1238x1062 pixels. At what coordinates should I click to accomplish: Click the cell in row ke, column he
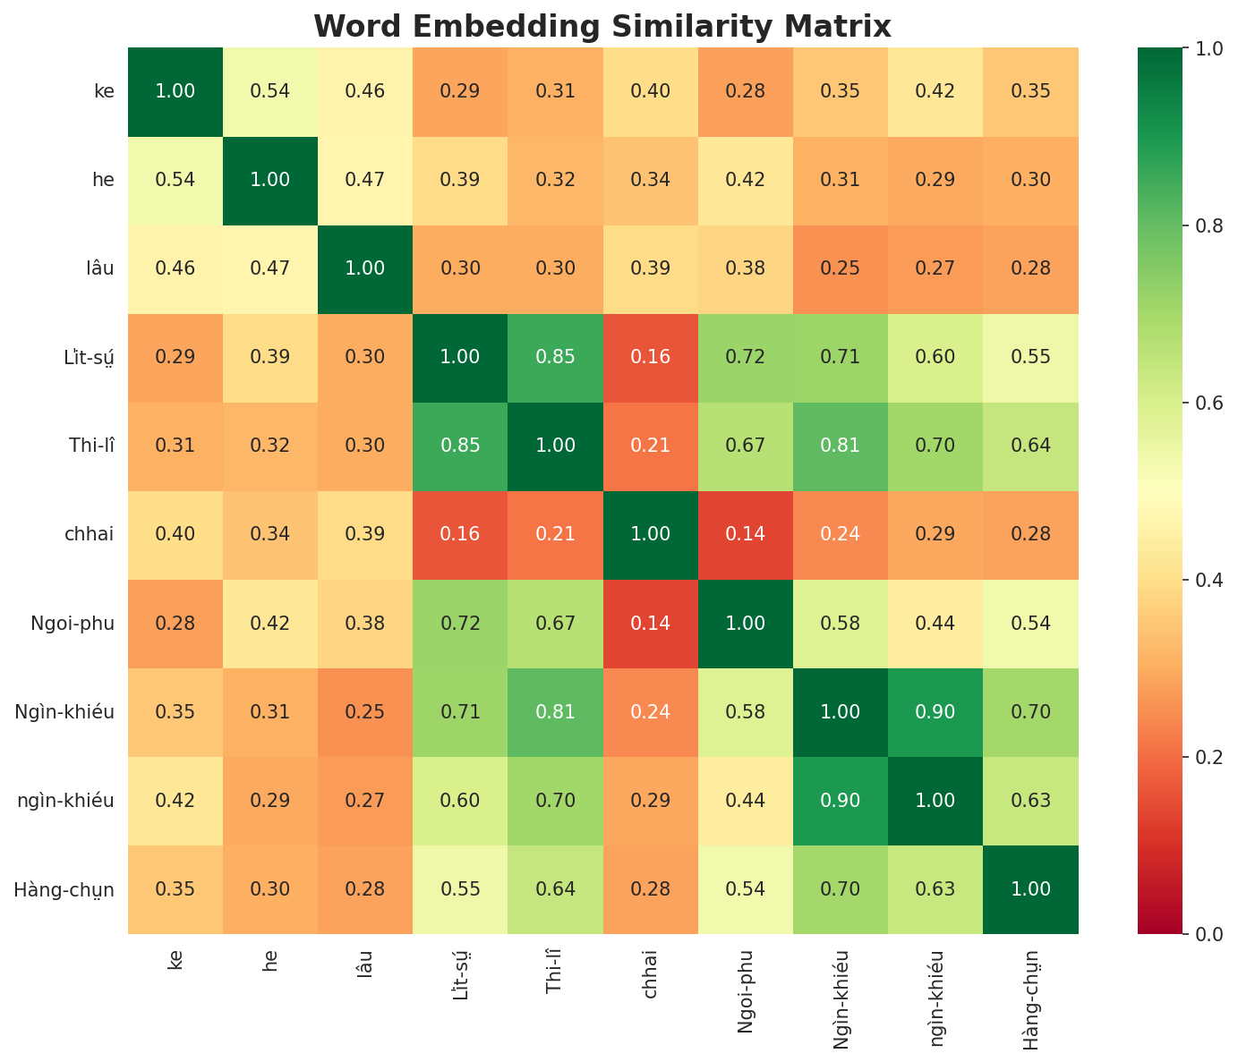[270, 91]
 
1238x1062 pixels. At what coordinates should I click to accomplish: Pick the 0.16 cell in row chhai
[460, 534]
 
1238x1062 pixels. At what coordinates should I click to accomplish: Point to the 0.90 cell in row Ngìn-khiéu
[935, 712]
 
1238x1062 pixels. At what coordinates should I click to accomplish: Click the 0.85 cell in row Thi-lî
[460, 446]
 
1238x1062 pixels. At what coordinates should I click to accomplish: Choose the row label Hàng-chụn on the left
[64, 889]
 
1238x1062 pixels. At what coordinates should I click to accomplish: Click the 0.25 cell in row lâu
[841, 268]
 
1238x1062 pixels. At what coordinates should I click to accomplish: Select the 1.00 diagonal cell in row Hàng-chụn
[1030, 889]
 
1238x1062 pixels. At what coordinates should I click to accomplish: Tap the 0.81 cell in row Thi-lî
[841, 446]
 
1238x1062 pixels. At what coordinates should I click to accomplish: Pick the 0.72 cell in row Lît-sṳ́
[745, 357]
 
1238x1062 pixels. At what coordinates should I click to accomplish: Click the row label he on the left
[103, 180]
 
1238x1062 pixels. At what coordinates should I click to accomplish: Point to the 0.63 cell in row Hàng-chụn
[935, 889]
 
